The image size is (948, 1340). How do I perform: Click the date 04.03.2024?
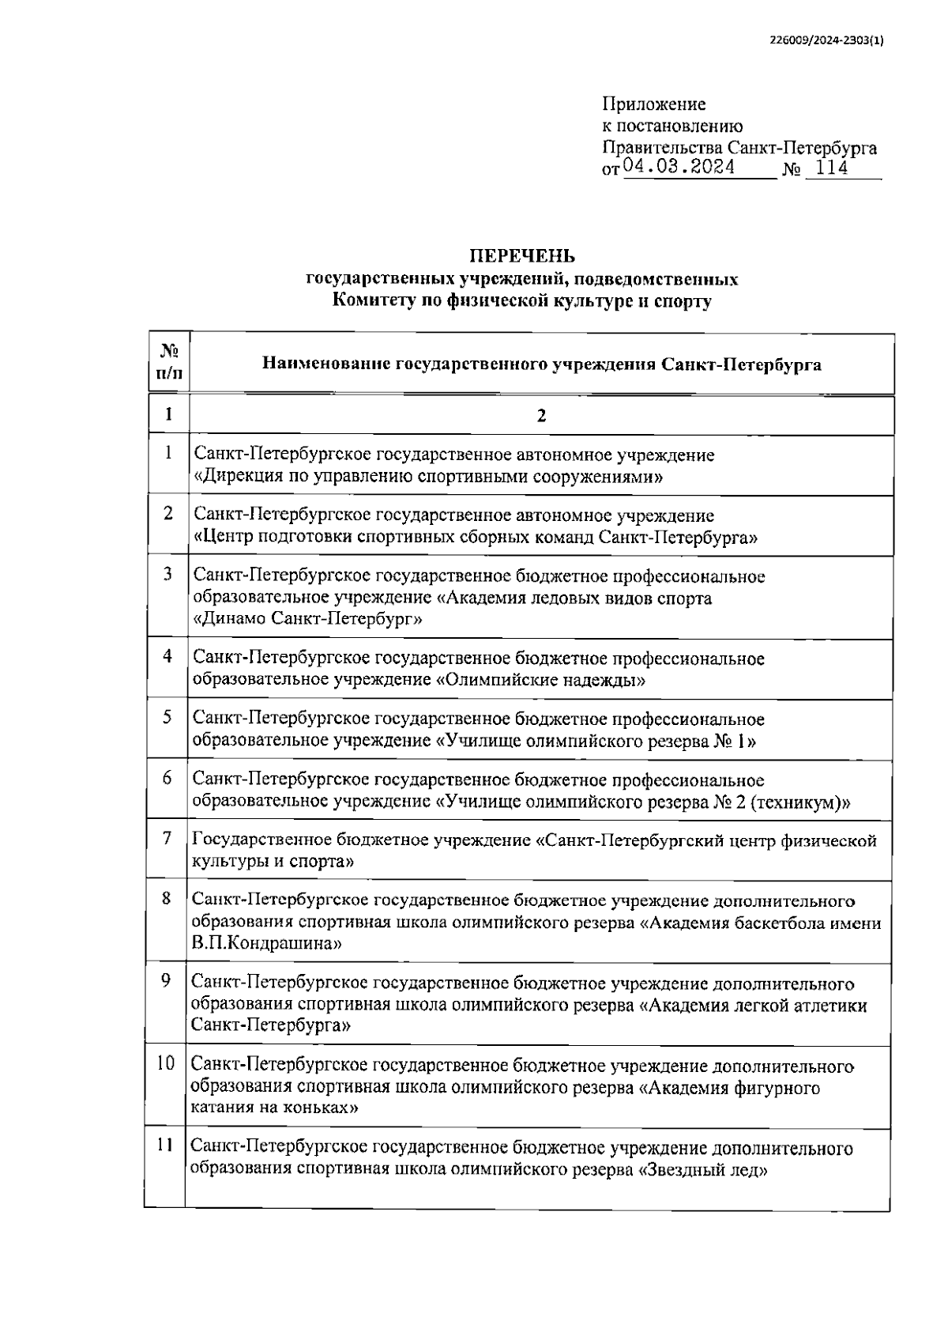[x=679, y=168]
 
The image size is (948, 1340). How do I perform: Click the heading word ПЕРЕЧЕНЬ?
[x=522, y=256]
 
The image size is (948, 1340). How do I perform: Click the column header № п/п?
[x=169, y=362]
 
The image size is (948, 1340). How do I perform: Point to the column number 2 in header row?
[x=541, y=416]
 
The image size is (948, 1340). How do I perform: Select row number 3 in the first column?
[x=167, y=574]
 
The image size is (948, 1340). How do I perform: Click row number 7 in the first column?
[x=167, y=837]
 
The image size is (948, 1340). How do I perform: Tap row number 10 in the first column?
[x=165, y=1063]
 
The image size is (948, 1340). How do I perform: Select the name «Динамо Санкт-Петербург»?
[x=307, y=619]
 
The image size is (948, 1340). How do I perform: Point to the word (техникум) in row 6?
[x=799, y=802]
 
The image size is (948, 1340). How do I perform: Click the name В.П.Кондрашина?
[x=266, y=943]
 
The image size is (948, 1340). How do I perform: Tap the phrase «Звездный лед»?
[x=702, y=1170]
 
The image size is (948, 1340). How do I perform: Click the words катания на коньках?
[x=273, y=1108]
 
